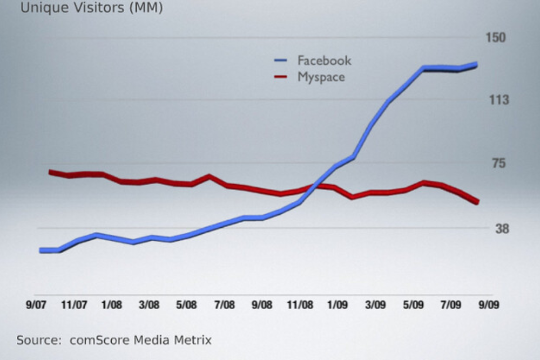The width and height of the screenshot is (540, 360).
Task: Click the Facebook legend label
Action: point(324,60)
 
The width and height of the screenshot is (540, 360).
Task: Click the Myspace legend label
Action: point(321,77)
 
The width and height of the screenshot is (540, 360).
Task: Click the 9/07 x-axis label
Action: point(36,305)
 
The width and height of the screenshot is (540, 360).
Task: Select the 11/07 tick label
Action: point(74,305)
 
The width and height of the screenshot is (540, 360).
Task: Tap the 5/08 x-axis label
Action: point(187,305)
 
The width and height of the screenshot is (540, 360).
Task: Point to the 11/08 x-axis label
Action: point(300,305)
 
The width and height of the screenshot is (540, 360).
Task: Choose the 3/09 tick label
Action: point(375,305)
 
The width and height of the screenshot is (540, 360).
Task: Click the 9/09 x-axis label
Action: point(488,305)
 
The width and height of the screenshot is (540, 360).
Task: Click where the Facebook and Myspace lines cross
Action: point(315,186)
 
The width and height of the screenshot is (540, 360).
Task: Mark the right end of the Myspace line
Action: point(477,202)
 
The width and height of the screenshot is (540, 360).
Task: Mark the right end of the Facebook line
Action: point(476,64)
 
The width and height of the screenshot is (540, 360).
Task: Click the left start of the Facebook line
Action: point(40,250)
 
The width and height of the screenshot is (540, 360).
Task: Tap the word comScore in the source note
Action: point(92,341)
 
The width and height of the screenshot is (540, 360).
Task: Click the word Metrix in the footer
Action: point(193,341)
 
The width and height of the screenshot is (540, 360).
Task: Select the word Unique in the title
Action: point(39,9)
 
